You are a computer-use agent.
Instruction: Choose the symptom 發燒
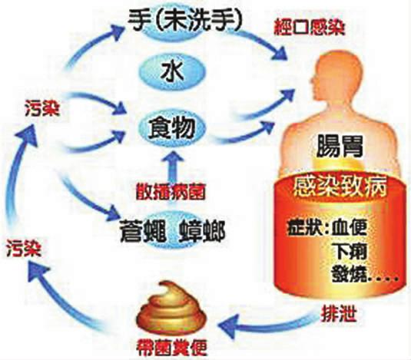click(x=349, y=273)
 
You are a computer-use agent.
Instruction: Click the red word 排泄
click(x=339, y=314)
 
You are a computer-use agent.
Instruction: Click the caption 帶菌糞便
click(x=171, y=348)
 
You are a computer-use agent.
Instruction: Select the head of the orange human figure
click(x=326, y=80)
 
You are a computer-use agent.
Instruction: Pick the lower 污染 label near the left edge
click(x=24, y=248)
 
